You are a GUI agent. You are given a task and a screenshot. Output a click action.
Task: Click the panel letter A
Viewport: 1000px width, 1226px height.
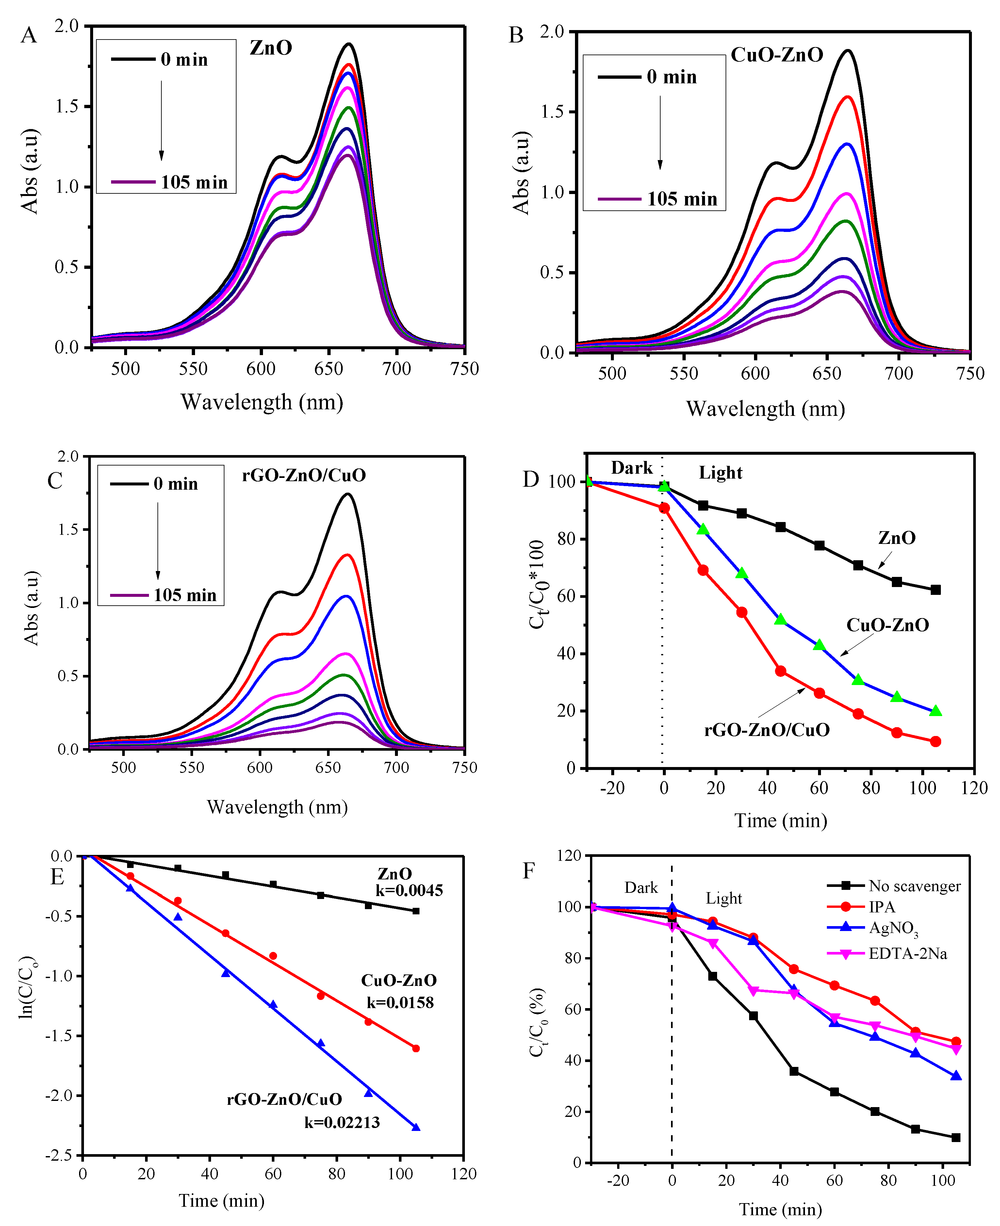(x=29, y=36)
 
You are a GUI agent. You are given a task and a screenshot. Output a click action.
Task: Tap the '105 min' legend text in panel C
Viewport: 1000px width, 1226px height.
(x=184, y=595)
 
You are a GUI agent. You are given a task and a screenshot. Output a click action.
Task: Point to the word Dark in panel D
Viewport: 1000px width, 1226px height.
(x=631, y=467)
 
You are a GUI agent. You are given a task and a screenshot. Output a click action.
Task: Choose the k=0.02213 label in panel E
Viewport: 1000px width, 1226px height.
(x=342, y=1122)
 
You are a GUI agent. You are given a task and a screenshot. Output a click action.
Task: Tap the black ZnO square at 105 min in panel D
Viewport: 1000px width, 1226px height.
(x=936, y=590)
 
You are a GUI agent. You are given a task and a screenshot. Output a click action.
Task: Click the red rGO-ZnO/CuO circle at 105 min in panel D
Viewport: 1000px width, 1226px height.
(x=936, y=741)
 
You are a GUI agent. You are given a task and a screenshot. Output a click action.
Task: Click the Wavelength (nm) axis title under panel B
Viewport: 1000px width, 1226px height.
(x=765, y=409)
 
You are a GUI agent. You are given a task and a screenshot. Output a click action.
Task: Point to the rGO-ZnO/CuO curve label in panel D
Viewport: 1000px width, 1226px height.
(x=767, y=730)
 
